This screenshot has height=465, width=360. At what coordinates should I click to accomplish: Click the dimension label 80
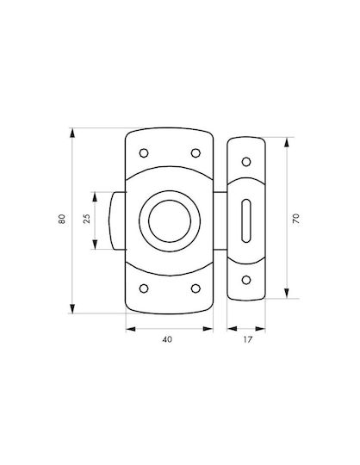(x=62, y=219)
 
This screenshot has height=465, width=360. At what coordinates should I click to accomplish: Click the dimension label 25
(x=87, y=219)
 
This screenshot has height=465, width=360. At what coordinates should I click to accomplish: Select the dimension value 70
(x=296, y=219)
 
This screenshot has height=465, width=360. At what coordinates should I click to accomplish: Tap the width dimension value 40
(x=167, y=339)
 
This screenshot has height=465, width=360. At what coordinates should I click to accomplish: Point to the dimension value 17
(x=247, y=339)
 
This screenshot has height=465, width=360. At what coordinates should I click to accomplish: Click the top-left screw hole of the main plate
(x=144, y=153)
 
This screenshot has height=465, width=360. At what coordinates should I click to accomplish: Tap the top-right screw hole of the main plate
(x=196, y=153)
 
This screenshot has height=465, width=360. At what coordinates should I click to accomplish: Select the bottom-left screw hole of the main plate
(x=144, y=288)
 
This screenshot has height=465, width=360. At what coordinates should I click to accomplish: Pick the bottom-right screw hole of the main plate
(x=196, y=288)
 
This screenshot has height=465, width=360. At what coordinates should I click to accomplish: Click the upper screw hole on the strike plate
(x=246, y=162)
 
